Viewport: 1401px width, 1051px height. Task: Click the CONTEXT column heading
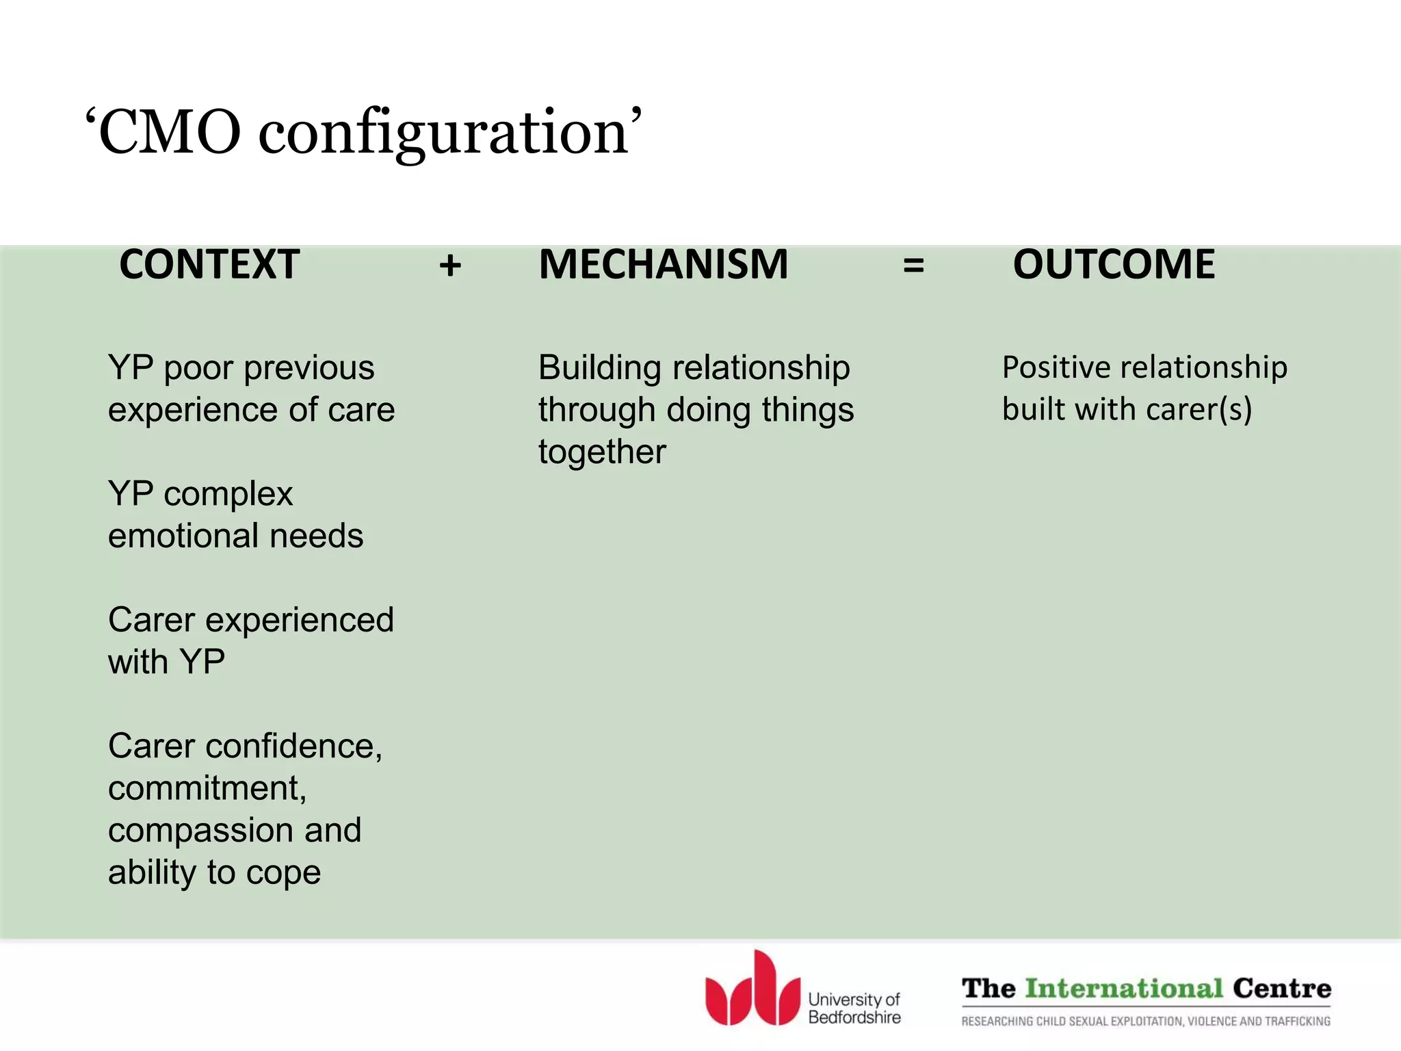pos(209,264)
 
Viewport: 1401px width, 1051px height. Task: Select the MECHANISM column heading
pos(663,264)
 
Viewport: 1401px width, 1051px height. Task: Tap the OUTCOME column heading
pos(1114,264)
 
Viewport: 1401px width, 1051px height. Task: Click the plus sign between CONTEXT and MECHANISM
pos(450,265)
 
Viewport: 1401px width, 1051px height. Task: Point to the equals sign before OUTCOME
pos(913,265)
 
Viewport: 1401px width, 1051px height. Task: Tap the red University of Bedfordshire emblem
pos(752,989)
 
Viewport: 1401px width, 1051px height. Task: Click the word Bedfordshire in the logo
pos(854,1017)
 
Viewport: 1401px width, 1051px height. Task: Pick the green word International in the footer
pos(1124,989)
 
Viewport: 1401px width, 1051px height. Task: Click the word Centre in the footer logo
pos(1282,989)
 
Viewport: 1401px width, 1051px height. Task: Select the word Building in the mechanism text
pos(600,368)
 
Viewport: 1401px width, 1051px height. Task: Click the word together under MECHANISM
pos(602,452)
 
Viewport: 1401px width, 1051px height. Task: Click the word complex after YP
pos(228,495)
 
